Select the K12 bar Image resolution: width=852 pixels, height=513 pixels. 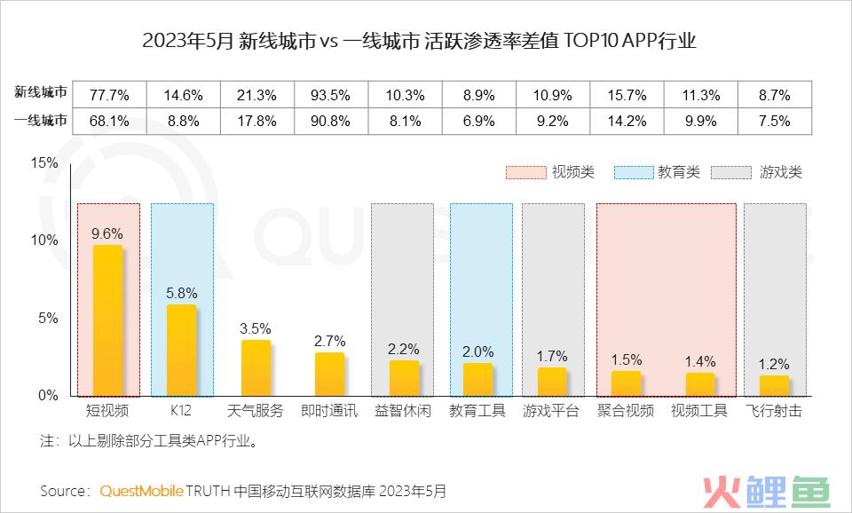pyautogui.click(x=181, y=351)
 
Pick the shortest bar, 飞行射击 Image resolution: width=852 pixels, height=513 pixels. pyautogui.click(x=774, y=386)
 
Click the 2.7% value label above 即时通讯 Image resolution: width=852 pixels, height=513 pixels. pyautogui.click(x=329, y=341)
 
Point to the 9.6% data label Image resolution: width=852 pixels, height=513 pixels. pyautogui.click(x=107, y=233)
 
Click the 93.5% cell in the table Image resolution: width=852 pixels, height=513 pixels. pyautogui.click(x=329, y=93)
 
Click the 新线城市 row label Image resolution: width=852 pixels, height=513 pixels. pyautogui.click(x=40, y=93)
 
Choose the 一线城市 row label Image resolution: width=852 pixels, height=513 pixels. pyautogui.click(x=40, y=122)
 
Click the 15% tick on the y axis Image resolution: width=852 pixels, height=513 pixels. pyautogui.click(x=43, y=162)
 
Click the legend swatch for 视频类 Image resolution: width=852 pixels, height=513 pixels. pyautogui.click(x=525, y=172)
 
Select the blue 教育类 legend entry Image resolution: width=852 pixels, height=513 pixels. pyautogui.click(x=630, y=172)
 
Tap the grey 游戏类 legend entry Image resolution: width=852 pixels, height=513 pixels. pyautogui.click(x=737, y=172)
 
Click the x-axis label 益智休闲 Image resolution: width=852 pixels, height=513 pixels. pyautogui.click(x=404, y=411)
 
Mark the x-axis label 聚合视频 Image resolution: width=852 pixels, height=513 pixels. pyautogui.click(x=626, y=411)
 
